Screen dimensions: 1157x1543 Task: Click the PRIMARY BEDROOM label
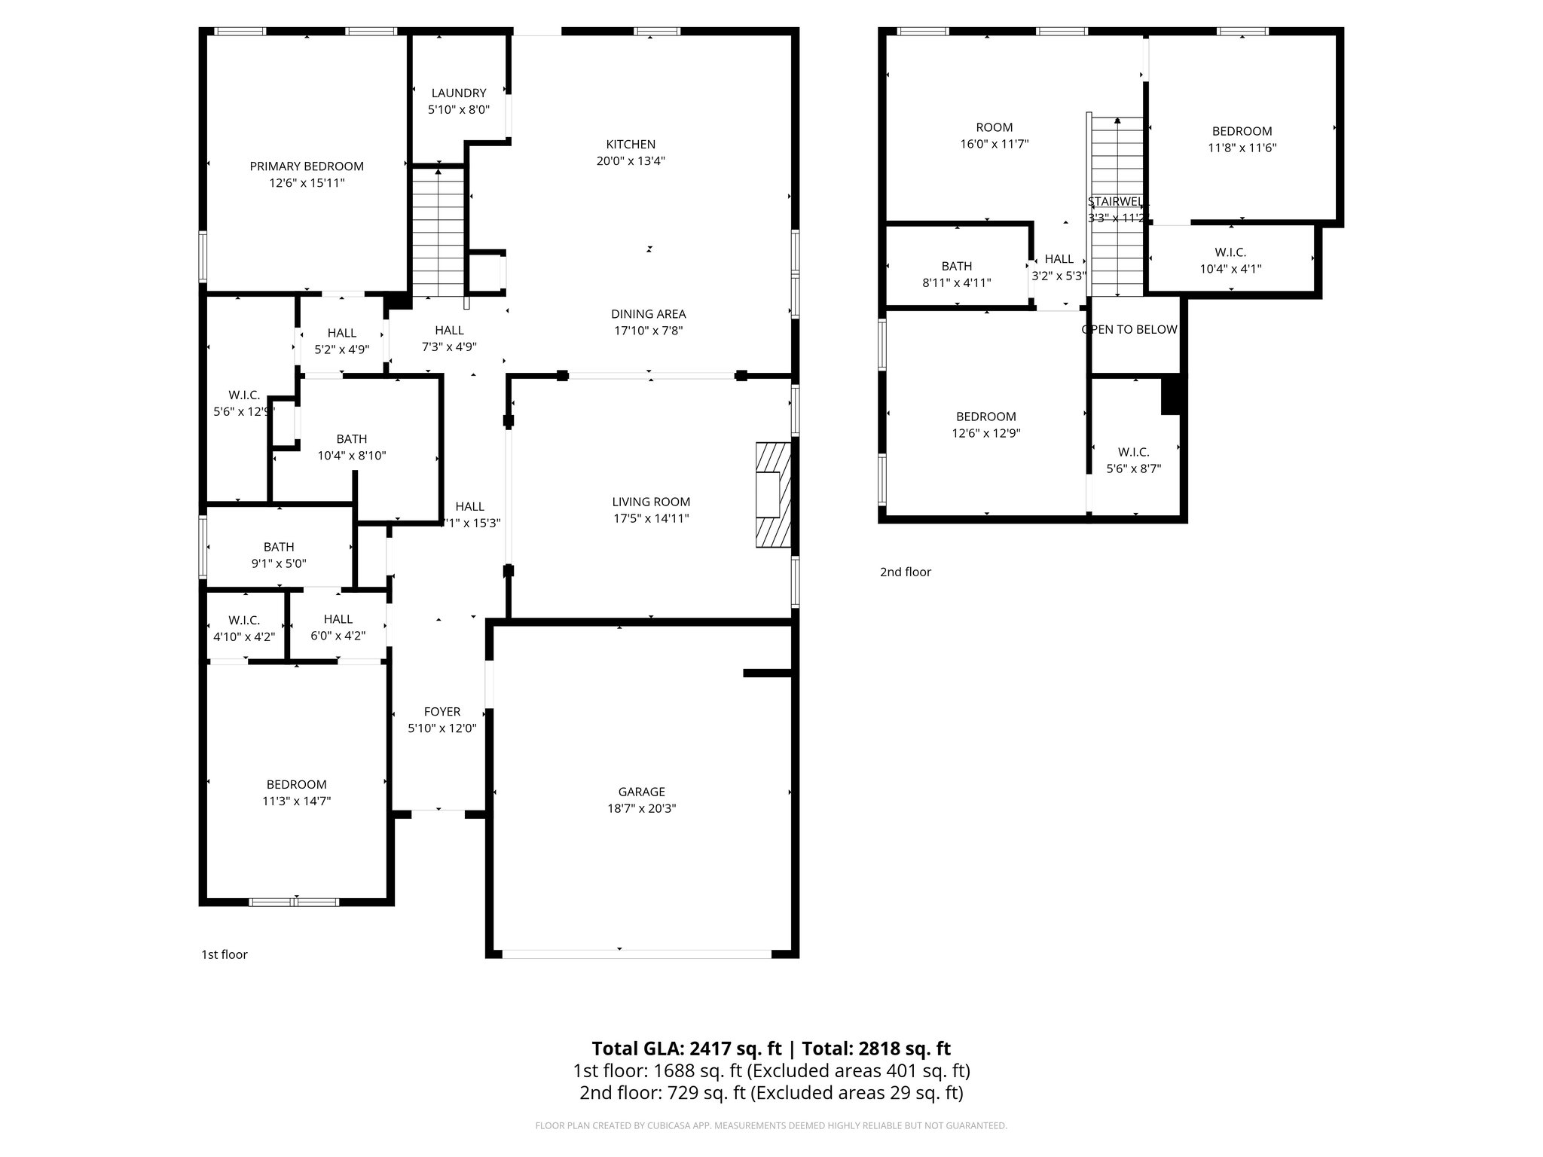[x=307, y=166]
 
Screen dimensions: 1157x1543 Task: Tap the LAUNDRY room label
[x=458, y=93]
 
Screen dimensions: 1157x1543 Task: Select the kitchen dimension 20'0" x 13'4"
[x=631, y=161]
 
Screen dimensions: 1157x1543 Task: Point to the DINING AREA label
[x=648, y=314]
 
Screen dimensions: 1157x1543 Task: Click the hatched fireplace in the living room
[x=773, y=495]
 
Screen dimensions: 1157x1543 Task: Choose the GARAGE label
[x=641, y=792]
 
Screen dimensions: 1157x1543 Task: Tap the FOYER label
[x=442, y=712]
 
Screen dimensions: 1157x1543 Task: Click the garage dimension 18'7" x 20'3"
[x=641, y=809]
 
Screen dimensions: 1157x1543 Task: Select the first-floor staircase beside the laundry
[x=438, y=234]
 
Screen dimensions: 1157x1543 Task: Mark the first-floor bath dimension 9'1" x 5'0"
[x=279, y=563]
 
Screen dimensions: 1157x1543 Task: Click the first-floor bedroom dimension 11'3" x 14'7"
[x=296, y=801]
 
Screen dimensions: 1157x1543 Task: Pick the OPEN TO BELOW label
[x=1129, y=330]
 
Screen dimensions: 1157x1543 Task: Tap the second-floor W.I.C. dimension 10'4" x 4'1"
[x=1230, y=269]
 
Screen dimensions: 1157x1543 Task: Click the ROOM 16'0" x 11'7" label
[x=994, y=127]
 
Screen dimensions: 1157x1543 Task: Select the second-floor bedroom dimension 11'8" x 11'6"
[x=1242, y=148]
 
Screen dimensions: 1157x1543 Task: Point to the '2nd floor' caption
[x=906, y=572]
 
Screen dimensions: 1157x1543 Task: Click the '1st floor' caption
[x=224, y=955]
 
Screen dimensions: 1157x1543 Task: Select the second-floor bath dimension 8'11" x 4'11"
[x=957, y=283]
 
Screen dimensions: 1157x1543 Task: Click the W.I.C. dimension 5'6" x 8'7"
[x=1133, y=469]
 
